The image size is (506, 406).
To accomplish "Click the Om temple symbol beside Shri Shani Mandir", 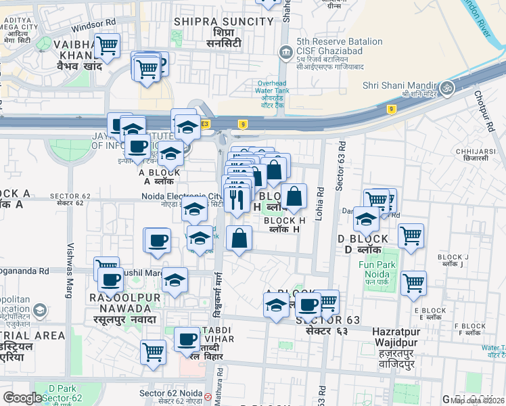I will click(446, 87).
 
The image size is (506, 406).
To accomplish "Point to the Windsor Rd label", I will click(93, 26).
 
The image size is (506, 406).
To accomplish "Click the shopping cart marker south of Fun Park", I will click(413, 283).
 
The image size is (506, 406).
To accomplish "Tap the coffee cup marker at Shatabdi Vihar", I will click(187, 339).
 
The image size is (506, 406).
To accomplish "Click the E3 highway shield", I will click(204, 123).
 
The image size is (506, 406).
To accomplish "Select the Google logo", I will click(22, 398).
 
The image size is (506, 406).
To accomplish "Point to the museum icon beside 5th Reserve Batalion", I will click(285, 52).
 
